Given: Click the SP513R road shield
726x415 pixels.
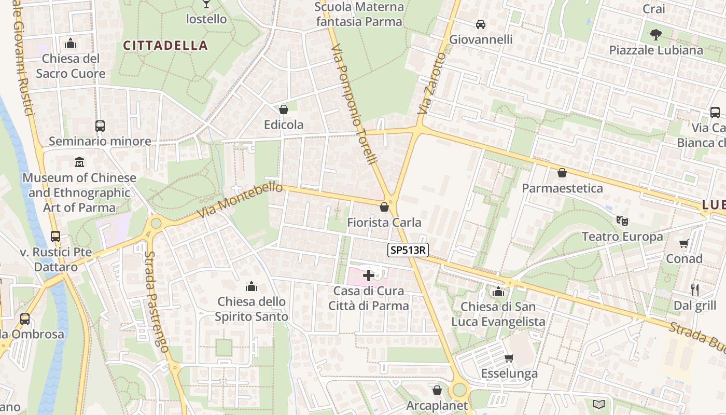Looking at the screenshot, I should click(x=408, y=250).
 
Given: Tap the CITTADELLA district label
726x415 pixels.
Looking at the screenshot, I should click(x=165, y=46).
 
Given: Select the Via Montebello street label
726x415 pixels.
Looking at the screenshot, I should click(x=240, y=201).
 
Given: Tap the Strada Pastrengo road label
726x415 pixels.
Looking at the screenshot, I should click(x=157, y=302).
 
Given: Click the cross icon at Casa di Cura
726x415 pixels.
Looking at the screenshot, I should click(x=369, y=275).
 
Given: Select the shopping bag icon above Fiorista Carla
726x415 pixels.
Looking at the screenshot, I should click(x=384, y=208).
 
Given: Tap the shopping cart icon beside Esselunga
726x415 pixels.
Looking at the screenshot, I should click(x=509, y=358).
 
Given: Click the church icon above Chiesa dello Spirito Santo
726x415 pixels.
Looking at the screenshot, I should click(x=252, y=286).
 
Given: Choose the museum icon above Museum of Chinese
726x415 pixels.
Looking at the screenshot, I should click(x=79, y=162).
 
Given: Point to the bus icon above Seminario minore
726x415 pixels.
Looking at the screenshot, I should click(x=100, y=126).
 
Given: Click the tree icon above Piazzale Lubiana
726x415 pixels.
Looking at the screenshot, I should click(x=656, y=35).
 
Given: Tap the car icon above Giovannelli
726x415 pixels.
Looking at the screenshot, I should click(x=481, y=24).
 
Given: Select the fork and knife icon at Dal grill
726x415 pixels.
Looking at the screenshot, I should click(x=695, y=289).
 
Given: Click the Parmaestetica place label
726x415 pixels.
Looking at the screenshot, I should click(x=562, y=188).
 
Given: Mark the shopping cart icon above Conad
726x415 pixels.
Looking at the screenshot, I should click(x=684, y=243).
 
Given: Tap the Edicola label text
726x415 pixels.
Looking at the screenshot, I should click(x=284, y=125).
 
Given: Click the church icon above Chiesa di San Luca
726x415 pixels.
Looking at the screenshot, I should click(x=498, y=292).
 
